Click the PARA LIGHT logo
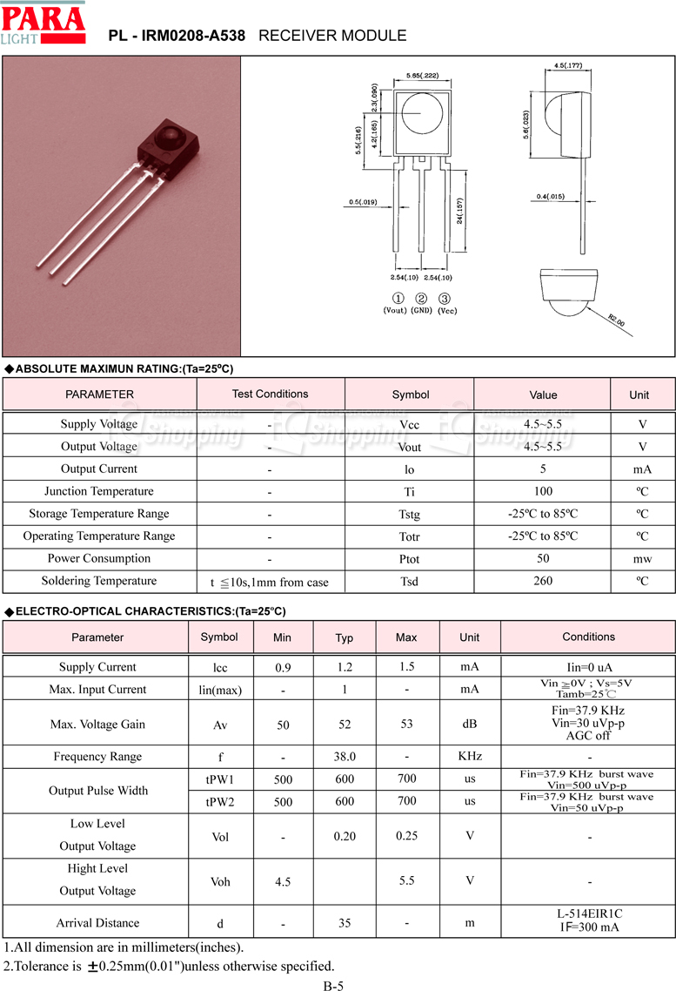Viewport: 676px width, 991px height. (x=43, y=25)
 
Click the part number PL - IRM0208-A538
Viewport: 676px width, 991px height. (x=177, y=36)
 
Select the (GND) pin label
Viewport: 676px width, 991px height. (x=421, y=311)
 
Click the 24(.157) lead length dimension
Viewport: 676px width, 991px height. (x=458, y=212)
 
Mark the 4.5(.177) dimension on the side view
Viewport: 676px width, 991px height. (x=567, y=66)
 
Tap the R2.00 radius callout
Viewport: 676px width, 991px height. (x=616, y=320)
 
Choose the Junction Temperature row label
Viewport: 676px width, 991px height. (x=98, y=491)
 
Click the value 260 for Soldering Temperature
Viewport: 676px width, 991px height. (x=543, y=581)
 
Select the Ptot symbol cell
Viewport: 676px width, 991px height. (x=409, y=559)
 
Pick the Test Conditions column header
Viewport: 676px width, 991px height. (x=270, y=394)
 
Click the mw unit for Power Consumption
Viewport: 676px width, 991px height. (x=642, y=559)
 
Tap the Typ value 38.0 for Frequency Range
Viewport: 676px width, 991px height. (x=345, y=757)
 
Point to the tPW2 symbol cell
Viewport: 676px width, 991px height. (x=220, y=802)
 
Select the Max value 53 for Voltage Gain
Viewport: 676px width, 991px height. (x=406, y=724)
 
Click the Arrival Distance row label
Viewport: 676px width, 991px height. (x=97, y=923)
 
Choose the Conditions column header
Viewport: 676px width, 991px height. (x=588, y=637)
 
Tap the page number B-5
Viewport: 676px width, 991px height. (x=334, y=986)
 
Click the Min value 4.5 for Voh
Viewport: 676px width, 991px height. (x=283, y=882)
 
